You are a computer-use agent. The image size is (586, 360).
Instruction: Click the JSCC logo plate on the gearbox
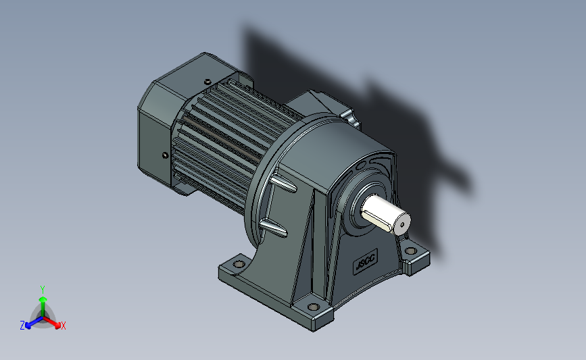366,261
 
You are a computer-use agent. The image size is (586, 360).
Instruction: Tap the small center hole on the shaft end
402,225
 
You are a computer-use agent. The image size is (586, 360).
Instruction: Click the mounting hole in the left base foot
239,264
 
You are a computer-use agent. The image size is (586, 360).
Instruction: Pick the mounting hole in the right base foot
411,251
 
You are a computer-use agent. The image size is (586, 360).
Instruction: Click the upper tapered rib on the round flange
283,184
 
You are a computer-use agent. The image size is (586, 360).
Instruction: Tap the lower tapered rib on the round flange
273,228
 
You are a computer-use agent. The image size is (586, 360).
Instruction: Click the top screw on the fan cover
207,82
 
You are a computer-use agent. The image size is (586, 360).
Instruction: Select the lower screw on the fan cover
165,155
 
